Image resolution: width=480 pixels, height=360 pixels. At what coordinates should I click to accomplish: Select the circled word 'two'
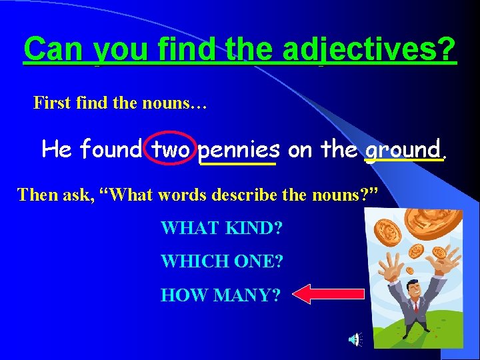(171, 149)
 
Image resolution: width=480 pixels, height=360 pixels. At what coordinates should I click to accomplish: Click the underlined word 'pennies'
(238, 149)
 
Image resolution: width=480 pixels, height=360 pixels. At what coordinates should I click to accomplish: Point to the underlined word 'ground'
(403, 149)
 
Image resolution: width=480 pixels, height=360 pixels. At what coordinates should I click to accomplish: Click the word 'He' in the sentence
(56, 149)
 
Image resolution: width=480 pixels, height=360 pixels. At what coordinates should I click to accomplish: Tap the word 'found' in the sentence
(110, 149)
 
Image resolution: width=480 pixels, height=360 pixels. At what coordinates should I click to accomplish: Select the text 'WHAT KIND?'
(221, 229)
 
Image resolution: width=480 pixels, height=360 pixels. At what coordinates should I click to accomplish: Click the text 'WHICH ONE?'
(221, 261)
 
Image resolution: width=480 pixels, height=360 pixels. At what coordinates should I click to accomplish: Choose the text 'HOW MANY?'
(220, 294)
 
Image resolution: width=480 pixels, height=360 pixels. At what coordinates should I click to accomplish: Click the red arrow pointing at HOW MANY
(329, 294)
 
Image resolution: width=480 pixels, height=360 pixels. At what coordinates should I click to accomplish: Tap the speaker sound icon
(354, 340)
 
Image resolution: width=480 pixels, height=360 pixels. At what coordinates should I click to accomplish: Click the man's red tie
(414, 306)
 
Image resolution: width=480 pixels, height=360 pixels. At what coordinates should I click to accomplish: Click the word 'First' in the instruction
(51, 103)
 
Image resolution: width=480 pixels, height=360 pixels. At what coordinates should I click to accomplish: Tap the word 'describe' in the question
(257, 195)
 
